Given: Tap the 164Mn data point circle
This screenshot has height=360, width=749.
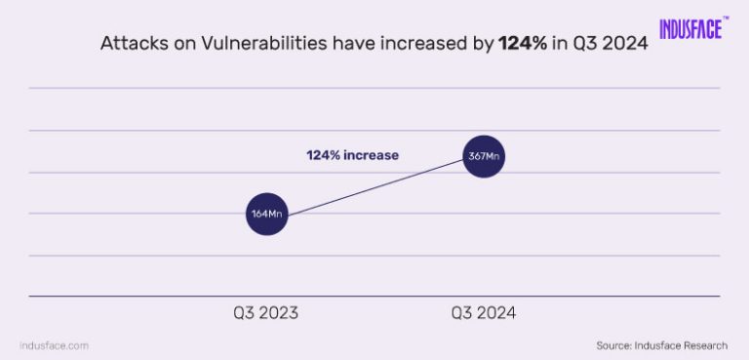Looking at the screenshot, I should point(267,214).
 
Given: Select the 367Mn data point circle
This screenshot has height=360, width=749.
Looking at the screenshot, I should point(483,156).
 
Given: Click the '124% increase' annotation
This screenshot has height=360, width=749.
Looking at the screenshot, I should point(353,155).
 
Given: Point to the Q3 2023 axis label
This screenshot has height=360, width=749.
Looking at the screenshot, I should point(265,314).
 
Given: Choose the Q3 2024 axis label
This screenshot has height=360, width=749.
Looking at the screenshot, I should point(483,314).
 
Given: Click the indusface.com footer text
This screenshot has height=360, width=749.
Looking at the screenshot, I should point(55,344).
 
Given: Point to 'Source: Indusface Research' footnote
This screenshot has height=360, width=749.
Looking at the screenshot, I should point(661,344).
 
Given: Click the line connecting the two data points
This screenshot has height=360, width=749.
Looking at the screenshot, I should point(375,185).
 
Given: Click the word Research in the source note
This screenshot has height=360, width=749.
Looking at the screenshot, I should point(702,344).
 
